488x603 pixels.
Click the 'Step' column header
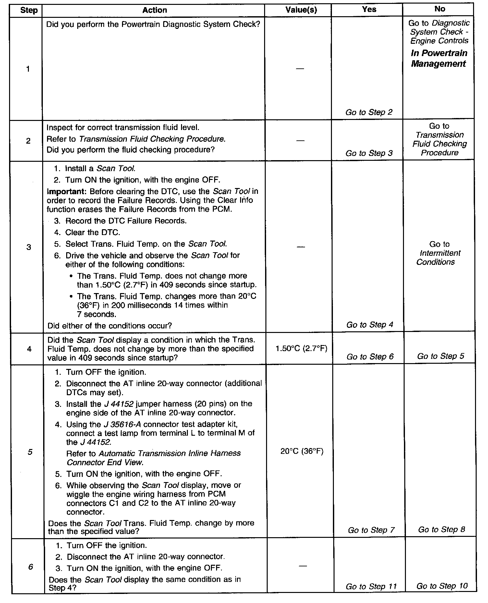29,10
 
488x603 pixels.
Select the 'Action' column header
154,10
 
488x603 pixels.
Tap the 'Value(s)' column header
301,10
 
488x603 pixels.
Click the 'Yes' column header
369,9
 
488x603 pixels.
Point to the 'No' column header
440,9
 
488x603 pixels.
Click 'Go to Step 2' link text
369,112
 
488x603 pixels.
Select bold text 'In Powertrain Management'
439,58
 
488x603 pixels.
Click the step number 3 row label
29,247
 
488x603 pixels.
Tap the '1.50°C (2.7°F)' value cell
301,349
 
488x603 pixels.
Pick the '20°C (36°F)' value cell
302,451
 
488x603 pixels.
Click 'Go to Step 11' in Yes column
371,586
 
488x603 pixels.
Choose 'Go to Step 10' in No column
442,586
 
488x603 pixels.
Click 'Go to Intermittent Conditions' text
439,253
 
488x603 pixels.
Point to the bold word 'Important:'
66,191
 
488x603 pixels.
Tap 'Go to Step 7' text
371,530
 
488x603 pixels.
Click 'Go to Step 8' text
442,529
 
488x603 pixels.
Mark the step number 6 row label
30,567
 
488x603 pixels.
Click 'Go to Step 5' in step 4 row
441,356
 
